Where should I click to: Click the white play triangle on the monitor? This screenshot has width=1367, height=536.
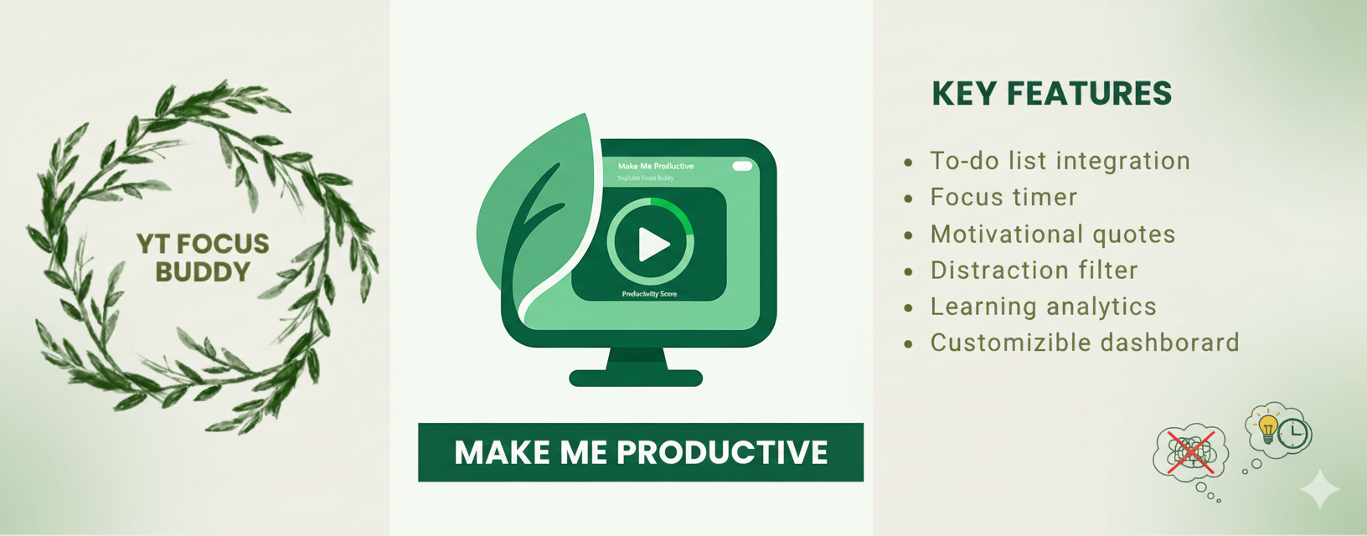tap(653, 245)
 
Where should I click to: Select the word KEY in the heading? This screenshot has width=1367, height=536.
tap(963, 94)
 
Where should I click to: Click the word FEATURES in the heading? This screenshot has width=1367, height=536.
tap(1089, 94)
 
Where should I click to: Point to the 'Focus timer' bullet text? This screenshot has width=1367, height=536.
tap(1003, 198)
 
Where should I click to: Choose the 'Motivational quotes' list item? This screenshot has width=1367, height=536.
tap(1053, 234)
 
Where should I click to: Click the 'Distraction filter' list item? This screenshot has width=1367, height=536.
tap(1034, 271)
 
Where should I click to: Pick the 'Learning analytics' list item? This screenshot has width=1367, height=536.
tap(1043, 307)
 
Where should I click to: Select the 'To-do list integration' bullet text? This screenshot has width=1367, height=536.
tap(1060, 161)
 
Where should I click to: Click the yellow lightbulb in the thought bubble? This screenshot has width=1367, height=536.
tap(1268, 427)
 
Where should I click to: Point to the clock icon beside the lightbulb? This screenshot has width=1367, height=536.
tap(1294, 433)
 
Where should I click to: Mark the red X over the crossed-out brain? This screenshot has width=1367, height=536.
tap(1190, 453)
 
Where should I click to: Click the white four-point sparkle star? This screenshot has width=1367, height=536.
tap(1319, 489)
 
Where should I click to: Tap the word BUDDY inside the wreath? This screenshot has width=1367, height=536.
tap(203, 272)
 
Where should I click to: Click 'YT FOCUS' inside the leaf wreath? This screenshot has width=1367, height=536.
tap(203, 244)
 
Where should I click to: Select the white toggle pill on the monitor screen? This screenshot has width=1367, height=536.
tap(742, 166)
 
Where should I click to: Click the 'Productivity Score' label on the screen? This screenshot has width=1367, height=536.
tap(649, 294)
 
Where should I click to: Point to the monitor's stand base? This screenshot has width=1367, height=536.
tap(636, 378)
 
